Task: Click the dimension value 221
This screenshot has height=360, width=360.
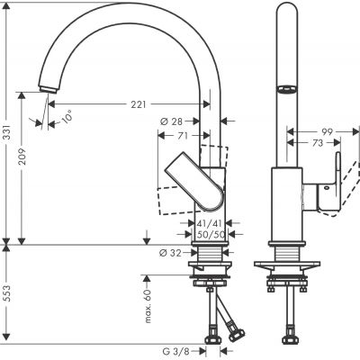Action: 136,105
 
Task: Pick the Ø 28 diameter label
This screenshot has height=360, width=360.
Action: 172,121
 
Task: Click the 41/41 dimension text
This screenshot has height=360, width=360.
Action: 210,221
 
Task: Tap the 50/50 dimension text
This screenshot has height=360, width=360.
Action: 210,233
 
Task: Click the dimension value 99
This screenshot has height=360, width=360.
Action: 331,130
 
